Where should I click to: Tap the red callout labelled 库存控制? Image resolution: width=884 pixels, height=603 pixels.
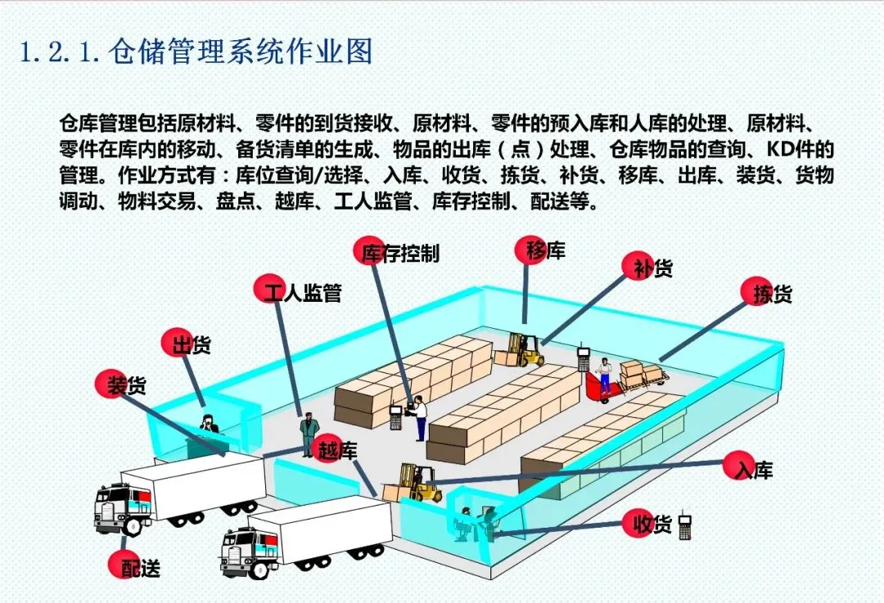[x=399, y=252]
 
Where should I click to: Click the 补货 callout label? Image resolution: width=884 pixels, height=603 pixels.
[x=651, y=267]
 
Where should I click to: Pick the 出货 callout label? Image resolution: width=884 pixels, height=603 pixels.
[x=188, y=344]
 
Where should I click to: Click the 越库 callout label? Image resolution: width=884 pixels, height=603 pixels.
[x=335, y=448]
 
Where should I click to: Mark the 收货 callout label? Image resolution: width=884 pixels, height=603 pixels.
[x=650, y=524]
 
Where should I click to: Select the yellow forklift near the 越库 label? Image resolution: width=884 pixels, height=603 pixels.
[x=414, y=483]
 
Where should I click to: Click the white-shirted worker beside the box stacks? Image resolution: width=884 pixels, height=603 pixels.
[x=420, y=417]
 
